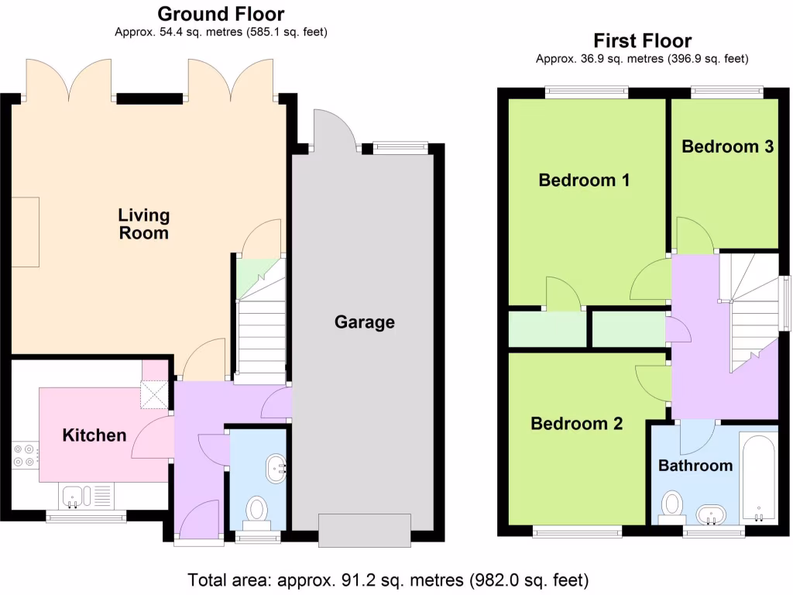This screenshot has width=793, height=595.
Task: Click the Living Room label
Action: click(143, 223)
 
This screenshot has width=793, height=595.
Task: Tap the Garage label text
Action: click(364, 322)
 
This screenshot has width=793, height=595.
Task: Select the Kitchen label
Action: click(94, 435)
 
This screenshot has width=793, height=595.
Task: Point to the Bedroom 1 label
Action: click(584, 181)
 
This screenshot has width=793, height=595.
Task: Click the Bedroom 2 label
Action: click(576, 424)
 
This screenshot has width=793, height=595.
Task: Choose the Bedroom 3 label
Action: click(727, 146)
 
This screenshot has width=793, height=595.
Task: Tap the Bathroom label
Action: click(695, 466)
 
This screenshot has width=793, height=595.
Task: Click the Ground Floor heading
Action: click(221, 14)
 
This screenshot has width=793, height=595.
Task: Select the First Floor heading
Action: click(642, 40)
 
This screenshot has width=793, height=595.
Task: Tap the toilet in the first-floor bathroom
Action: click(673, 507)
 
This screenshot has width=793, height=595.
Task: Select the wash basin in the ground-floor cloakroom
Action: click(276, 468)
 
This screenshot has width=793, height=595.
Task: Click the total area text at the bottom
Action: click(388, 580)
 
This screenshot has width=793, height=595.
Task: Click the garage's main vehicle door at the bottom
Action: click(365, 530)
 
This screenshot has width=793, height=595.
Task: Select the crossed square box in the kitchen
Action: click(155, 394)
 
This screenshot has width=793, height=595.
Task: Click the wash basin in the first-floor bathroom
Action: click(711, 514)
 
